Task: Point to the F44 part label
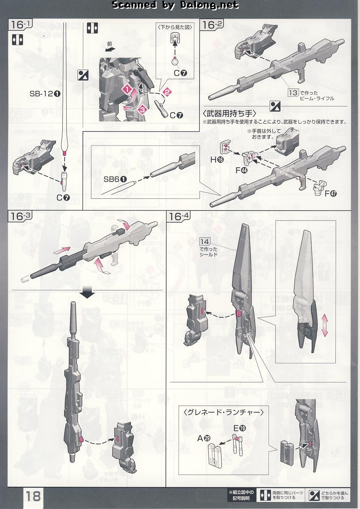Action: click(x=241, y=170)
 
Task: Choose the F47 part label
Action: click(x=331, y=193)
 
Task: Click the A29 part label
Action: click(x=204, y=438)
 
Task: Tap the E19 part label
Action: click(x=240, y=428)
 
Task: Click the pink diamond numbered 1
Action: click(x=127, y=89)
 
